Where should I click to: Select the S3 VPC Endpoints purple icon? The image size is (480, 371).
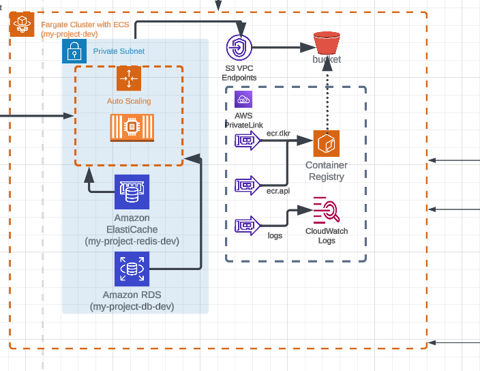239,48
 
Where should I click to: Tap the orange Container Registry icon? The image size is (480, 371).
327,144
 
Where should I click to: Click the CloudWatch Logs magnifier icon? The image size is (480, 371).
326,210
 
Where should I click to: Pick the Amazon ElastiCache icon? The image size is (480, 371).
132,192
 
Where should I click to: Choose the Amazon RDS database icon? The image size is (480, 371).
132,269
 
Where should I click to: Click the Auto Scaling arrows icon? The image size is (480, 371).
128,78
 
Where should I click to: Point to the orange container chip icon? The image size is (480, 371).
132,128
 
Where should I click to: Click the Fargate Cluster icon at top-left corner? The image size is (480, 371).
22,25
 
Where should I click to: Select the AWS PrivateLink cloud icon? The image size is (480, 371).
243,100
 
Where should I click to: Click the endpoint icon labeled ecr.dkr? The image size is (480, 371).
246,141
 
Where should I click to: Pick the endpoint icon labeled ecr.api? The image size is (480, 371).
246,185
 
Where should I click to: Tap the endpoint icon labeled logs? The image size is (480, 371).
246,224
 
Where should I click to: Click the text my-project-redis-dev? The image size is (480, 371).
132,241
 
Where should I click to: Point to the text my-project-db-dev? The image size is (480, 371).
132,307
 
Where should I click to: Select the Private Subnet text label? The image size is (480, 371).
119,51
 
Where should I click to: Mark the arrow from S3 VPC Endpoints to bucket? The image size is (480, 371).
280,48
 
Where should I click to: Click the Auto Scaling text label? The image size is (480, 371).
129,101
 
